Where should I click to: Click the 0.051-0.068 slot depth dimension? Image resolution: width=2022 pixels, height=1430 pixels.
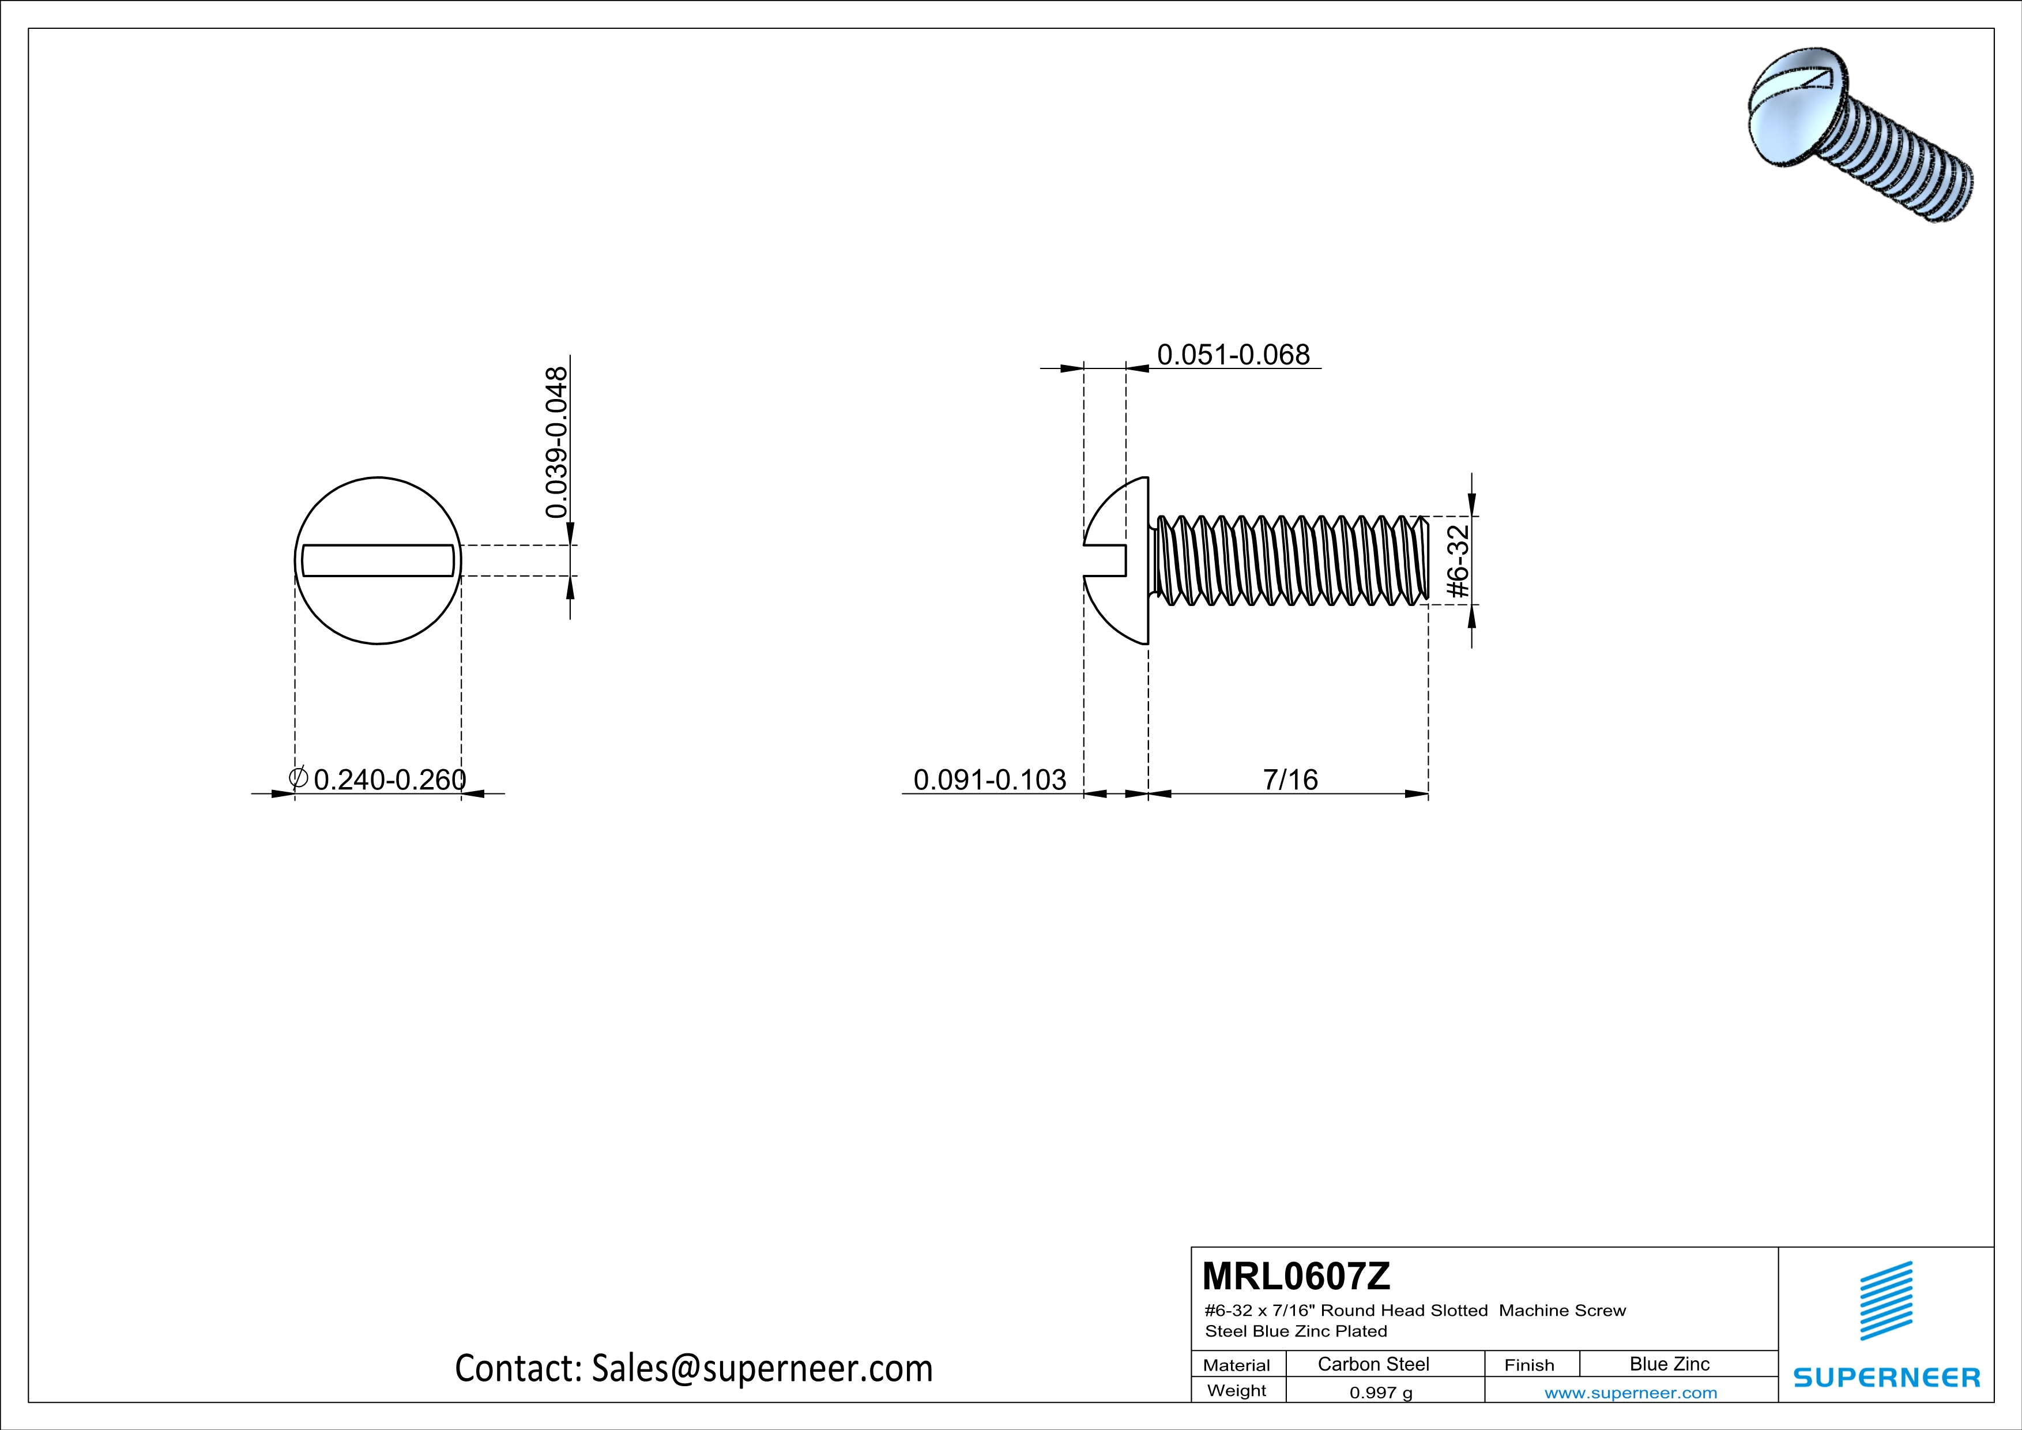click(1233, 355)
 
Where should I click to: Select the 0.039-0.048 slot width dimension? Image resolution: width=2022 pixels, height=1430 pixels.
click(556, 442)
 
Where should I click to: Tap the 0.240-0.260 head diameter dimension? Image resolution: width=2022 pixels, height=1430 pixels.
click(389, 779)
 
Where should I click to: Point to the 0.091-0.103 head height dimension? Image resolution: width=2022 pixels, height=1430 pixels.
click(990, 779)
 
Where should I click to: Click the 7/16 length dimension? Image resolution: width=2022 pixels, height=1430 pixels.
click(1290, 779)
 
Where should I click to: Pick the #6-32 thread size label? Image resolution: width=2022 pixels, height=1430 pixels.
click(1458, 562)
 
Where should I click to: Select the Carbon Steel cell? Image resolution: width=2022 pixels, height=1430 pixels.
click(1373, 1364)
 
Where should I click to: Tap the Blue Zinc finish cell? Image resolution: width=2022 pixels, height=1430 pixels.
click(1669, 1364)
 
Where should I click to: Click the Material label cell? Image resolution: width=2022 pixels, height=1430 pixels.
click(1237, 1365)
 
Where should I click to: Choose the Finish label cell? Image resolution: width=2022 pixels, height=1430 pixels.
click(1529, 1365)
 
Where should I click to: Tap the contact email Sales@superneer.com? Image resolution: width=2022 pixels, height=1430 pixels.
click(762, 1368)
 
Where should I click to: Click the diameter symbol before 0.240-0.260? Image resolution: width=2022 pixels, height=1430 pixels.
click(298, 777)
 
